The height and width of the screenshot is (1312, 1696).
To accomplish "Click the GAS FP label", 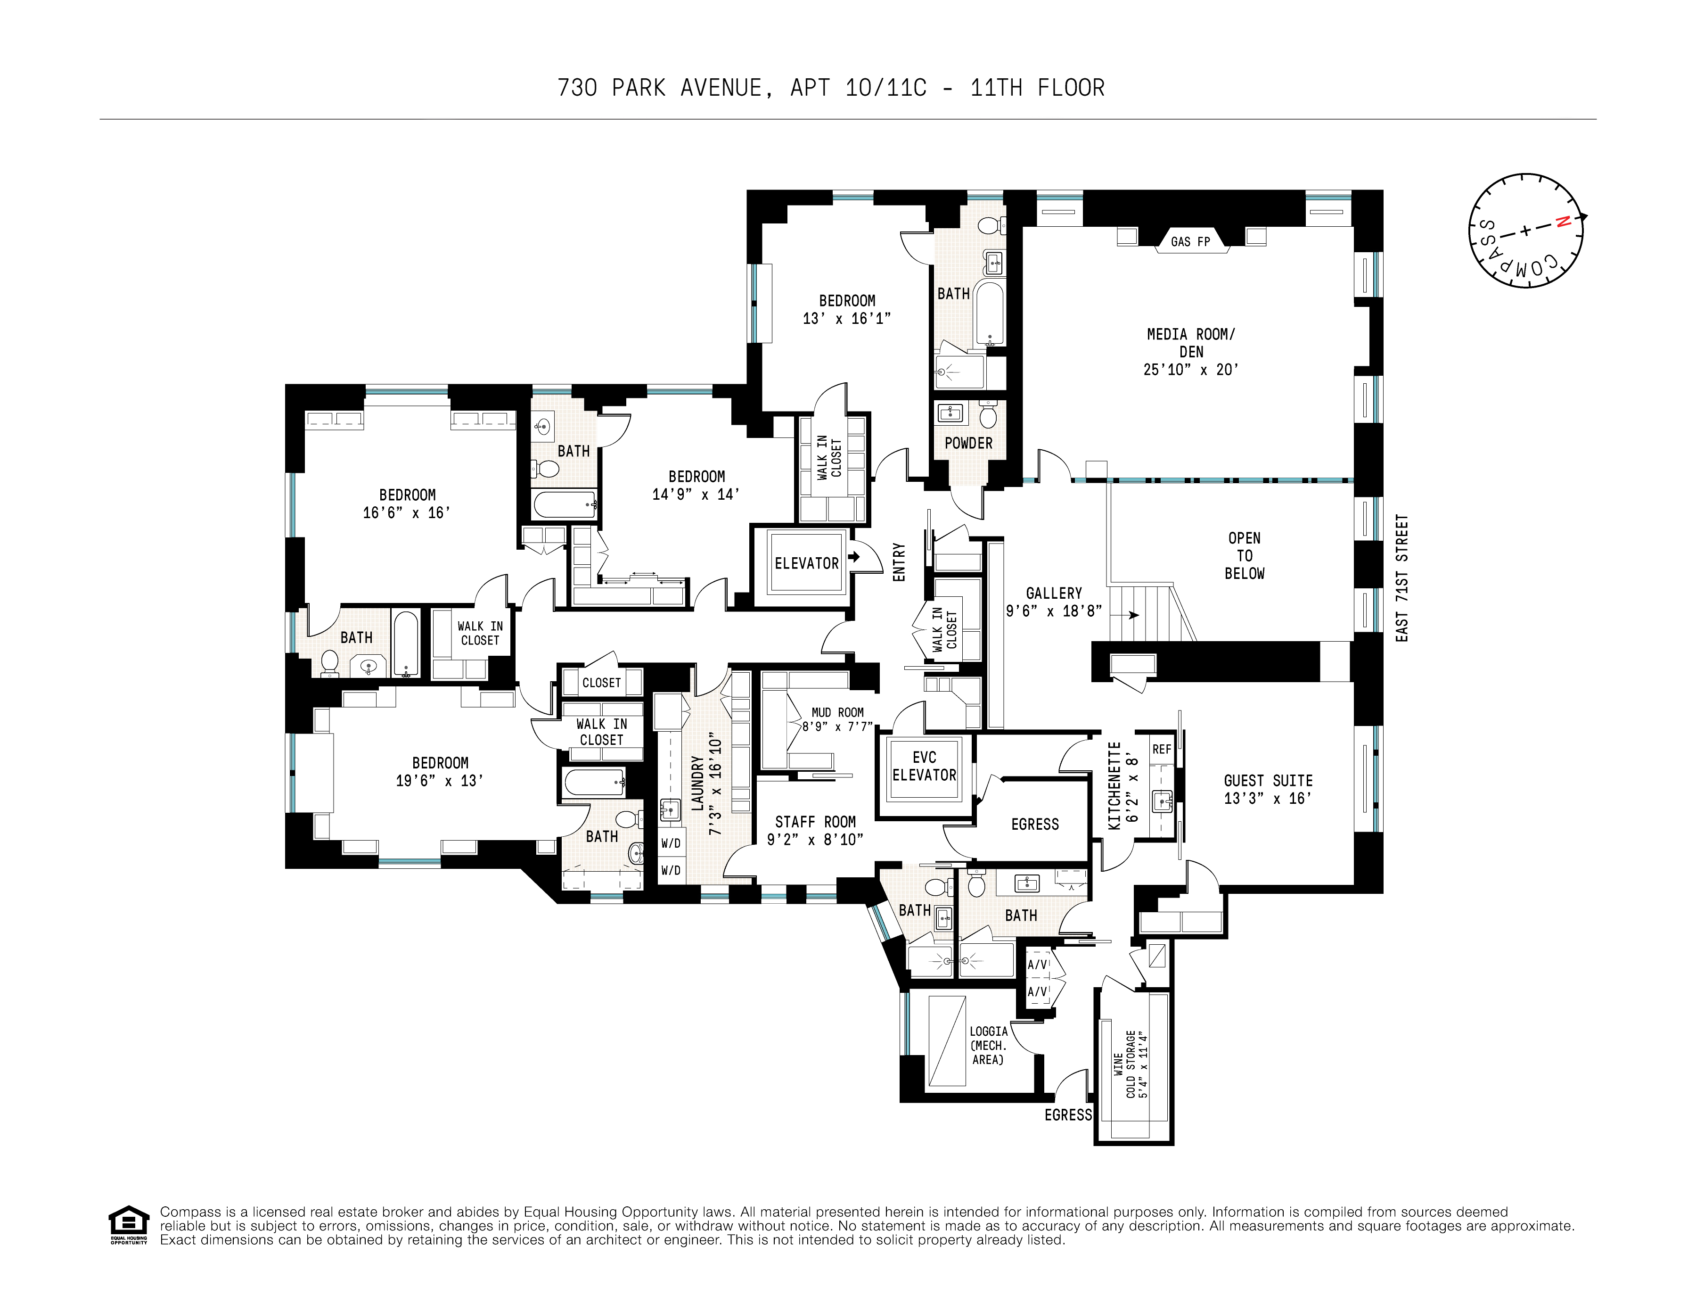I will pyautogui.click(x=1190, y=241).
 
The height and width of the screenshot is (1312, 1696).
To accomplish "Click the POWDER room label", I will pyautogui.click(x=968, y=443).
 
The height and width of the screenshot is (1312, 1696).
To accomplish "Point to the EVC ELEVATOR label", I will pyautogui.click(x=924, y=766).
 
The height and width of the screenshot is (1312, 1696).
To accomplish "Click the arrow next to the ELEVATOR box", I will pyautogui.click(x=854, y=557).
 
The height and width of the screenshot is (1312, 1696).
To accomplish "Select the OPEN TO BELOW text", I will pyautogui.click(x=1244, y=555).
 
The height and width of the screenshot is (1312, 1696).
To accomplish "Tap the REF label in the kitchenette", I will pyautogui.click(x=1162, y=749).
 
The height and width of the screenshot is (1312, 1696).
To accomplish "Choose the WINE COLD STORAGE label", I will pyautogui.click(x=1130, y=1064).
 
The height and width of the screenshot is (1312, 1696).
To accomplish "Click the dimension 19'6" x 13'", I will pyautogui.click(x=440, y=781).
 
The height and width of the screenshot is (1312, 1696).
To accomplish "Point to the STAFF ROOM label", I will pyautogui.click(x=815, y=822).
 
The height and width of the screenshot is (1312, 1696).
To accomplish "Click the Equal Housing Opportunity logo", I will pyautogui.click(x=128, y=1225).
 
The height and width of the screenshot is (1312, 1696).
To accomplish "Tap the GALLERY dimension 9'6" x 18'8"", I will pyautogui.click(x=1054, y=611).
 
